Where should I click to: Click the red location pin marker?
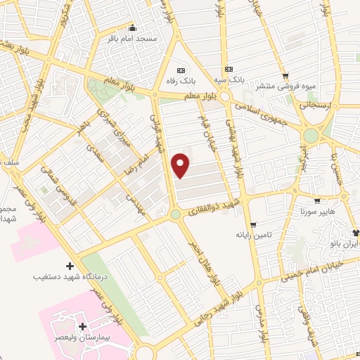coord(181,165)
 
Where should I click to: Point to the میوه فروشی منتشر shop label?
coord(285,86)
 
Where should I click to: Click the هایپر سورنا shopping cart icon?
coord(317,200)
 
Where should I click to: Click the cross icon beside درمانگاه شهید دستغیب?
coord(69,266)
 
